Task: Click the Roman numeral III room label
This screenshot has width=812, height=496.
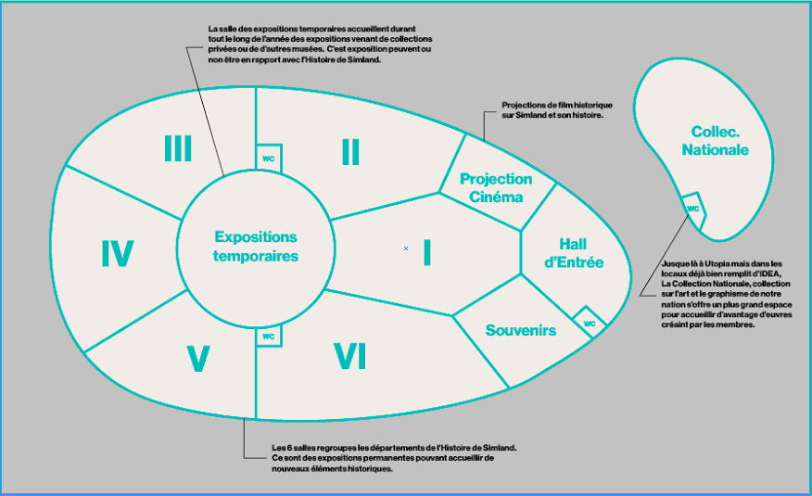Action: point(178,148)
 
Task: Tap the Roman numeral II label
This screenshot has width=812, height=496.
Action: point(350,151)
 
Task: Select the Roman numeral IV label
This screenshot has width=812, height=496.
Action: point(118,253)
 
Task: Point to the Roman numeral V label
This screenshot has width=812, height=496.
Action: point(197,359)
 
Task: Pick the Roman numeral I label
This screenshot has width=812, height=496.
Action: point(427,252)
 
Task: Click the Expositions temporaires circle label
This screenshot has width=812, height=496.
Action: point(256,247)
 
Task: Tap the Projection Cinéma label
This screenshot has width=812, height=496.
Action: point(496,187)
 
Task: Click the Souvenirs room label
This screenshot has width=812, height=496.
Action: point(520,330)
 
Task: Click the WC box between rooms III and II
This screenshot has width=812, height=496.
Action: point(269,159)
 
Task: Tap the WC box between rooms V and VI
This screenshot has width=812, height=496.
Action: point(269,337)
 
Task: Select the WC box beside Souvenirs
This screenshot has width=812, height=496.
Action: point(590,324)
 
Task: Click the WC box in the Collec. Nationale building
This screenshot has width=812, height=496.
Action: point(692,210)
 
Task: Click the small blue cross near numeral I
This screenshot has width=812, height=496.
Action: point(406,248)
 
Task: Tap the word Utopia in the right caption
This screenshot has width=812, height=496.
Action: point(703,264)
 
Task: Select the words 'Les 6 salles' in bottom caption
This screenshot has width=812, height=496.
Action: point(290,448)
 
